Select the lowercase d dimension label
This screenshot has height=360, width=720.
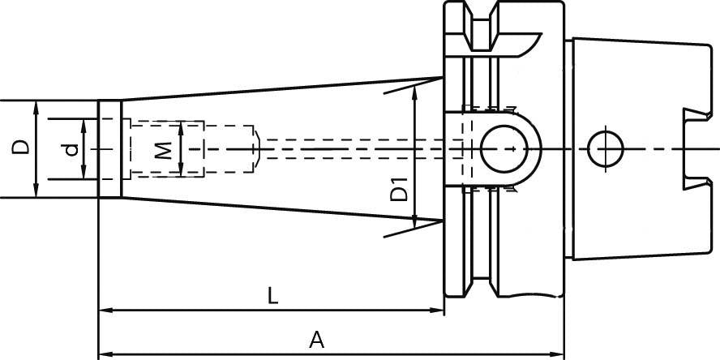click(x=72, y=149)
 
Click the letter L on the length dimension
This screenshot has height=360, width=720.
click(x=273, y=296)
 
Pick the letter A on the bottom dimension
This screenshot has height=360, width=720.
click(x=317, y=340)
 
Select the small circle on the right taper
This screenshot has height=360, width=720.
click(x=604, y=149)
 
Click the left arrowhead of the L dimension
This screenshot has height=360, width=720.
click(x=104, y=311)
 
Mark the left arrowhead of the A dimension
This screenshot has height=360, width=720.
click(x=104, y=354)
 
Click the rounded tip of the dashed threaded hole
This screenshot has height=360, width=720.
click(x=256, y=149)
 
